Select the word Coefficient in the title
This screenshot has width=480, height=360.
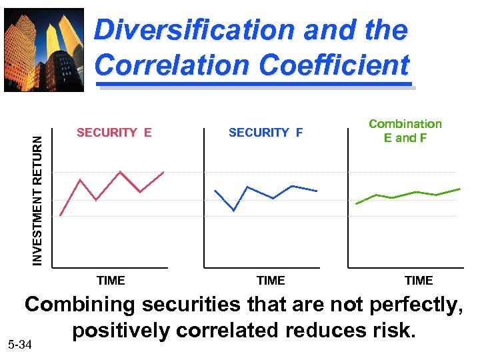coord(334,65)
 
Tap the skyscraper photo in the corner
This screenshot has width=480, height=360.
coord(44,49)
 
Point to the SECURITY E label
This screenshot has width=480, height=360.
coord(114,133)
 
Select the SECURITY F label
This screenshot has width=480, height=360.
coord(265,133)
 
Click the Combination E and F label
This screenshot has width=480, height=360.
coord(405,131)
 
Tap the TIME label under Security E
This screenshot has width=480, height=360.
coord(111,281)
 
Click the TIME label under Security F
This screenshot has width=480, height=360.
coord(271,281)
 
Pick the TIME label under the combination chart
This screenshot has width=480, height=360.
coord(419,281)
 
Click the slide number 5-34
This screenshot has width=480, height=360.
coord(19,345)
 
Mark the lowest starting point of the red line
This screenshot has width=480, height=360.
coord(61,215)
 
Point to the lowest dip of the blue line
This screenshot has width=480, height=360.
coord(234,211)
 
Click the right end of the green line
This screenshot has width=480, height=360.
coord(460,189)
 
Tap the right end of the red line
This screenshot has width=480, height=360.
coord(163,172)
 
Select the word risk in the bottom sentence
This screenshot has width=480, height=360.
coord(391,331)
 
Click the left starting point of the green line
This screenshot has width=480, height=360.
coord(357,203)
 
